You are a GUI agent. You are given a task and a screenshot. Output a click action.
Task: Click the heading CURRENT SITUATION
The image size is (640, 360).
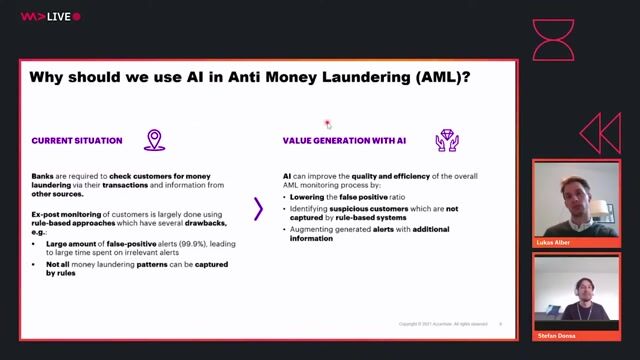(x=77, y=141)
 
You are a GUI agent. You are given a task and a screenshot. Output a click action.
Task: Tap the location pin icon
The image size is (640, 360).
(x=154, y=140)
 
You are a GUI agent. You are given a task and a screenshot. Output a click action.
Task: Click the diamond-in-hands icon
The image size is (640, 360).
(x=446, y=140)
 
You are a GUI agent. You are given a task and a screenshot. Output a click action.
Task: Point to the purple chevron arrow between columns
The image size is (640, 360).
(x=259, y=208)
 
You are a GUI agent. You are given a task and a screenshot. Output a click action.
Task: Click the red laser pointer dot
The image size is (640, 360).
(x=327, y=124)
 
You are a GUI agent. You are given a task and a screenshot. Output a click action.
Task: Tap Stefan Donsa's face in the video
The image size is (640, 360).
(x=579, y=290)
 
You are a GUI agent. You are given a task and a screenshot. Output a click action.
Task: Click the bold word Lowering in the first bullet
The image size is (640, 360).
(x=307, y=198)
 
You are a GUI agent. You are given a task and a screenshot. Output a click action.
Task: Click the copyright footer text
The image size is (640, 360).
(x=443, y=324)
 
